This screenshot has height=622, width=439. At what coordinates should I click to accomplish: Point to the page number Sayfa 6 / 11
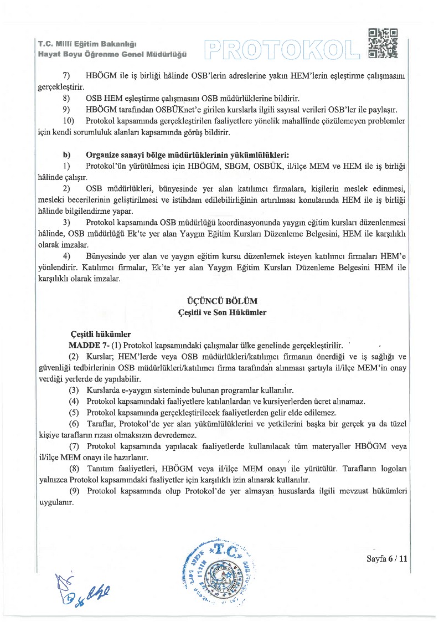coord(387,559)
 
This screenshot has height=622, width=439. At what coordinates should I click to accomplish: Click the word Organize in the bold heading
coord(104,153)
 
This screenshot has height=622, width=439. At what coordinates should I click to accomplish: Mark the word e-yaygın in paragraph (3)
coord(144,390)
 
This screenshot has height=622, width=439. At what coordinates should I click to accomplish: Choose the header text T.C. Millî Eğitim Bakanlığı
coord(87,44)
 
